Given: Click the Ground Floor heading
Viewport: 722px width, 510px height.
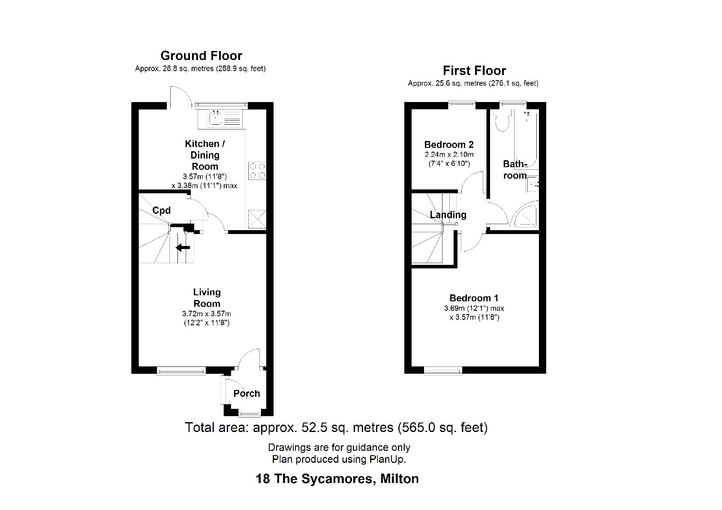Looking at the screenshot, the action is point(201,56).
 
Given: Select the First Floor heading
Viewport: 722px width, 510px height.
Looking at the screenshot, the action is point(474,71).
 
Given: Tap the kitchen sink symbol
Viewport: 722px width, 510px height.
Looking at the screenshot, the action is point(220,118).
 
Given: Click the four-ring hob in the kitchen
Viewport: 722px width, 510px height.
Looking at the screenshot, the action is point(257,171).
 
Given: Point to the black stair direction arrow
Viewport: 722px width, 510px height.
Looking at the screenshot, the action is point(183,247).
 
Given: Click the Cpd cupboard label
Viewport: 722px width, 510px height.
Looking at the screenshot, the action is point(162,210).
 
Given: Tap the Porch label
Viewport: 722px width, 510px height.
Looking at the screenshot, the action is point(247,393).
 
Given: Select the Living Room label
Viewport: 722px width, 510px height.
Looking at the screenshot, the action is point(207,298).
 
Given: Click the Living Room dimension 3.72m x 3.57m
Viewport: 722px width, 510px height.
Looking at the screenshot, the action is point(207,314).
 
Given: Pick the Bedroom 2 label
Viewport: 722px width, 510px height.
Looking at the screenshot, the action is point(449,145).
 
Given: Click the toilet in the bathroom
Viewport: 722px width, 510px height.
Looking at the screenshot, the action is point(501,121).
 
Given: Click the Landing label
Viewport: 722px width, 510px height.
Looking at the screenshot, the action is point(448,215).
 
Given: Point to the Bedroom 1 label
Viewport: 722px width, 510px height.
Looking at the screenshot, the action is point(474,298).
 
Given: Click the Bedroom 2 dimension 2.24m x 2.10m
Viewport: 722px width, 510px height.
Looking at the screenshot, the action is point(449,155).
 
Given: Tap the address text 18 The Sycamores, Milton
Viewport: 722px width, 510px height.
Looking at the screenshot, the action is point(337,479).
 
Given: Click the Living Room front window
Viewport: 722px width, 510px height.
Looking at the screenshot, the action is point(181,371).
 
